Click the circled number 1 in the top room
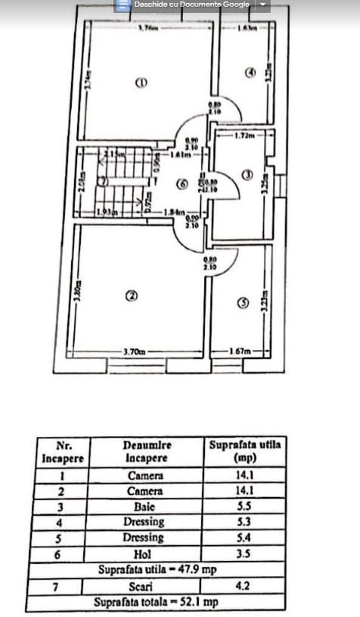(140, 82)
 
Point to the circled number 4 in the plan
(250, 73)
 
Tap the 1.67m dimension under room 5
(241, 352)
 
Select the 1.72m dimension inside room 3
(243, 136)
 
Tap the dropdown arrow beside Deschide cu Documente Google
(262, 5)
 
